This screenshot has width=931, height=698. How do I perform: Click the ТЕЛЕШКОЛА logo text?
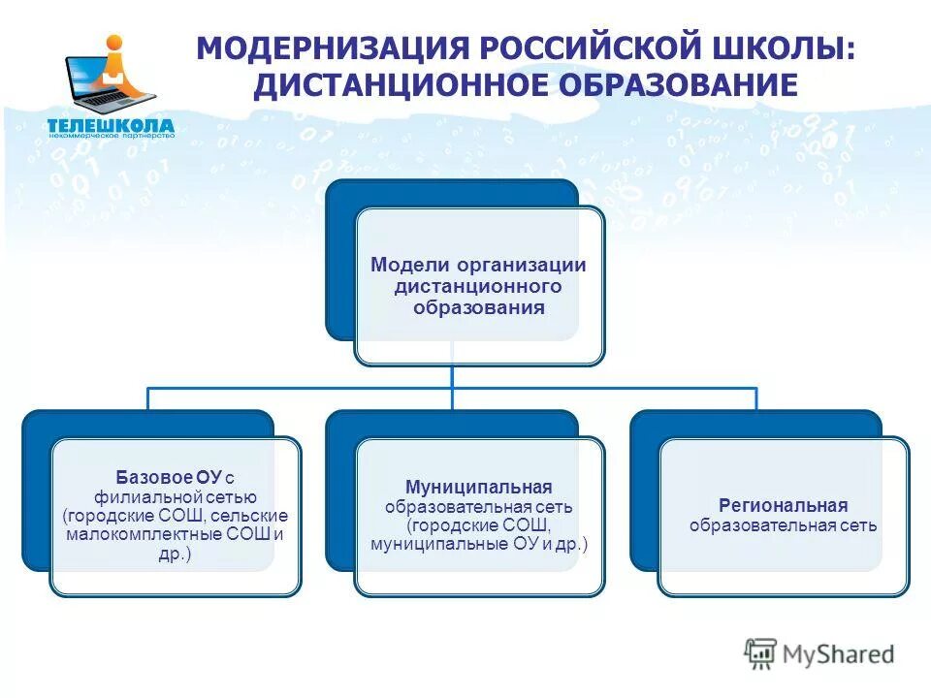[x=111, y=125]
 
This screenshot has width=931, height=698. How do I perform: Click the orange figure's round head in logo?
[x=115, y=44]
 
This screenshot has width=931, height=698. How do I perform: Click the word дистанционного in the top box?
[x=478, y=287]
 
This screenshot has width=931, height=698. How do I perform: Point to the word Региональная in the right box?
[x=783, y=506]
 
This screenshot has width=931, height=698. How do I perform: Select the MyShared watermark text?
[x=839, y=654]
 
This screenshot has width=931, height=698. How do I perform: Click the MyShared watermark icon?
[x=760, y=653]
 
